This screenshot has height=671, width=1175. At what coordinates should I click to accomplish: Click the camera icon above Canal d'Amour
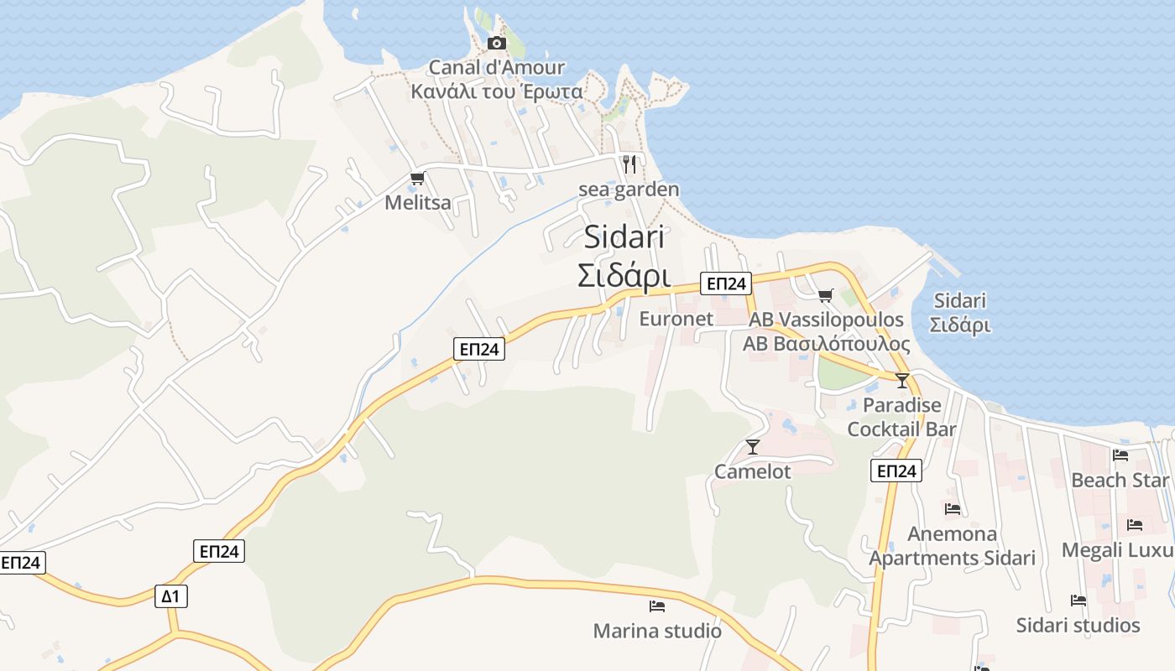click(x=497, y=43)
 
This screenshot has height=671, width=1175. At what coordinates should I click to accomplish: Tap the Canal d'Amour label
click(x=497, y=67)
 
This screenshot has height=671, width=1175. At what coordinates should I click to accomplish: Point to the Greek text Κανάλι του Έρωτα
click(x=497, y=91)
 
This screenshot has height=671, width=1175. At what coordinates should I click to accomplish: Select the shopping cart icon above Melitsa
click(x=417, y=178)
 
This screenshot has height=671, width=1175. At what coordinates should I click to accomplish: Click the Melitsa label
click(x=417, y=202)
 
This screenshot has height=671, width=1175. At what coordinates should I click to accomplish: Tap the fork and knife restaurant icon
click(x=629, y=164)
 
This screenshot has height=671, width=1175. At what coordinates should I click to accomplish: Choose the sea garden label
click(x=629, y=190)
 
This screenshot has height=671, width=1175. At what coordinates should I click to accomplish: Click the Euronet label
click(x=676, y=319)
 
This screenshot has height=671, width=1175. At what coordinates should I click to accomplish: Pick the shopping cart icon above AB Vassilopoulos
click(x=826, y=295)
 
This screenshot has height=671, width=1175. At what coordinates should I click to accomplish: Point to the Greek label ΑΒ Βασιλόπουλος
click(x=826, y=344)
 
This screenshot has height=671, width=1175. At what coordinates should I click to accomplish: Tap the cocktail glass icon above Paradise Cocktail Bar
click(x=902, y=380)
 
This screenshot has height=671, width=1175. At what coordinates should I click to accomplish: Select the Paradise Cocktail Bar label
click(x=902, y=417)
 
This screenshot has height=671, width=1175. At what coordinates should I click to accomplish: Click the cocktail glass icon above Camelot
click(x=753, y=446)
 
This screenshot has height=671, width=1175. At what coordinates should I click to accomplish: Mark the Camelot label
click(x=753, y=471)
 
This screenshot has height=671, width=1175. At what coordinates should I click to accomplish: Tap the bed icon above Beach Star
click(x=1120, y=455)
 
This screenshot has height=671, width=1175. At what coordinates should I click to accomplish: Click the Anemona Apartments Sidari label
click(x=953, y=546)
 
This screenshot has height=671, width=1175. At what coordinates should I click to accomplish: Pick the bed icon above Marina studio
click(x=657, y=606)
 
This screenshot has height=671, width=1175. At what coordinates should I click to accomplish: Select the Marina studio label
click(x=657, y=631)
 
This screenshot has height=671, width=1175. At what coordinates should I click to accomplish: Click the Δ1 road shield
click(x=171, y=596)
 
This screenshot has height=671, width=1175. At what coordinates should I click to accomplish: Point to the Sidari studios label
click(x=1078, y=625)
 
